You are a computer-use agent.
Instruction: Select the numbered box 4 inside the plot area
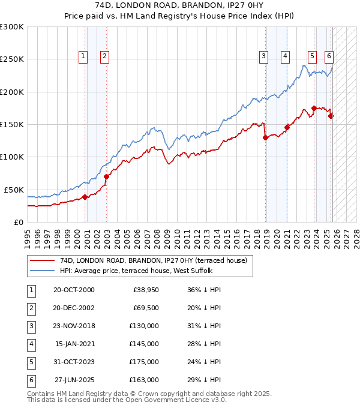point(286,56)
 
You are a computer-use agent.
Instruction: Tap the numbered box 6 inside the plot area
point(329,56)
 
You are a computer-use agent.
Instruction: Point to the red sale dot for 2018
point(265,137)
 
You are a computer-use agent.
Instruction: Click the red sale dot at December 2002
point(106,176)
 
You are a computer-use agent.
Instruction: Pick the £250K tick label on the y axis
point(12,59)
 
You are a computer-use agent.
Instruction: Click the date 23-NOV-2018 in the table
point(74,326)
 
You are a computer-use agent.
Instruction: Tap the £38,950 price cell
point(144,290)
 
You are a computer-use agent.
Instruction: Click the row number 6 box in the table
point(32,380)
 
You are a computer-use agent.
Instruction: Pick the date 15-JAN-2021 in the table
point(74,344)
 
